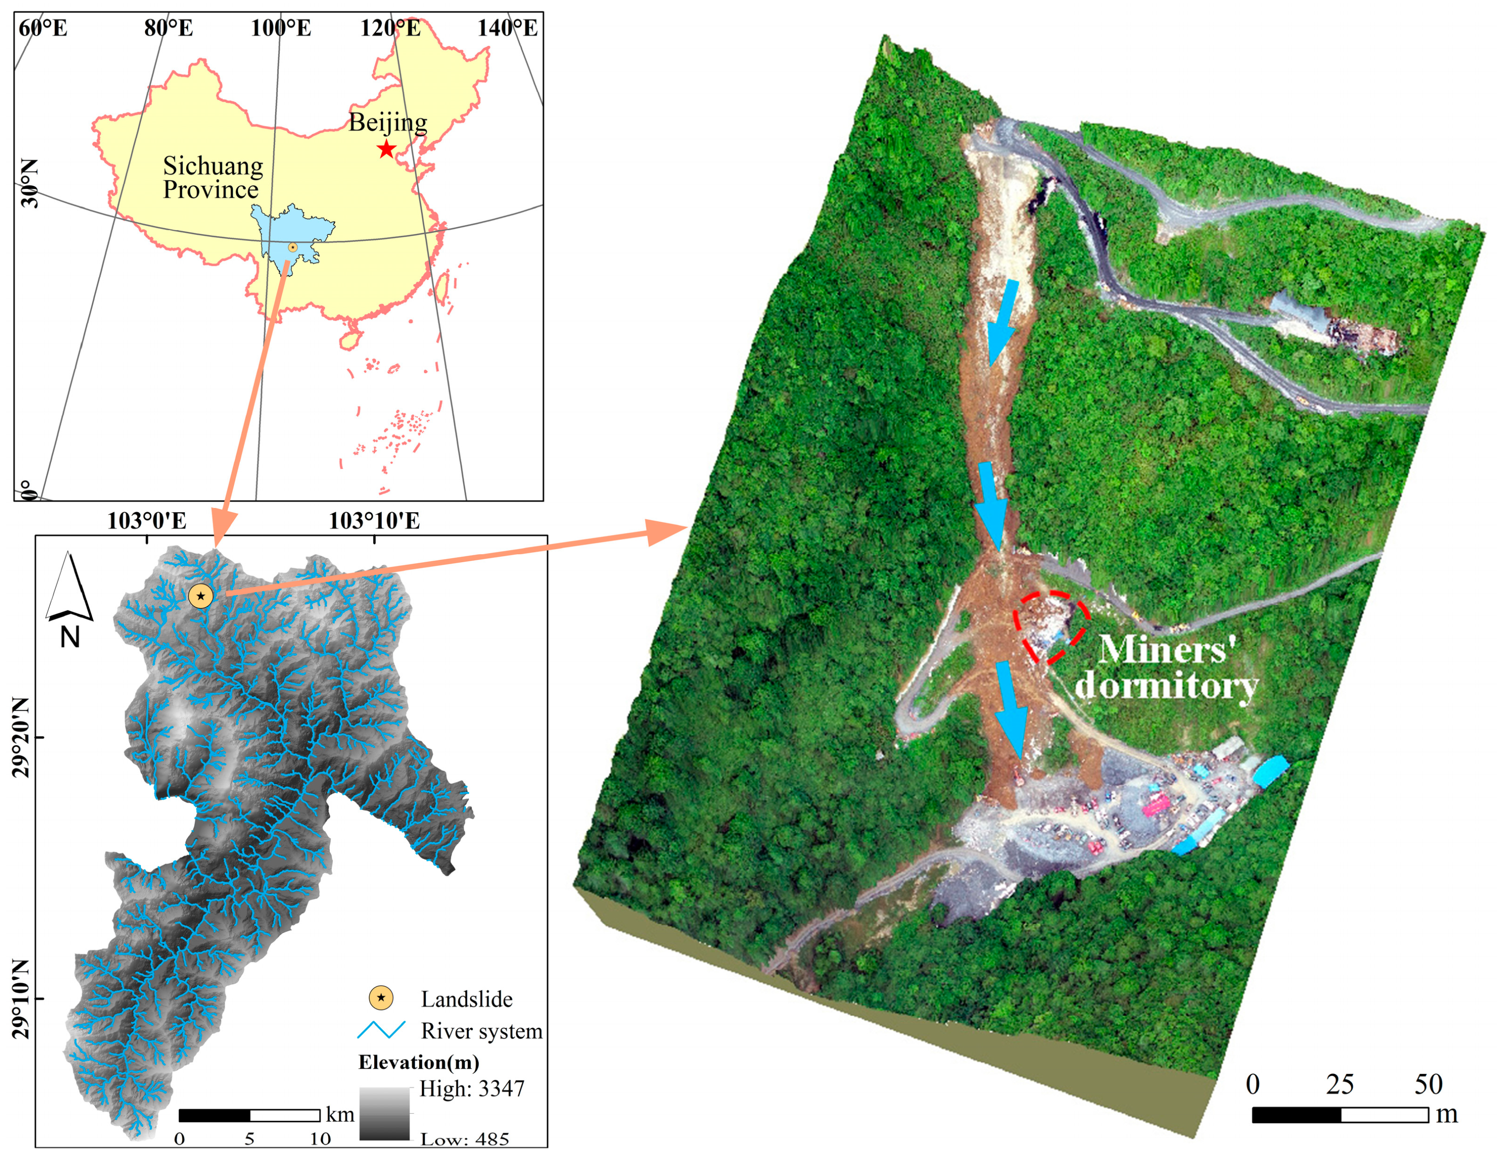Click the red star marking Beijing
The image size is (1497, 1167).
point(386,149)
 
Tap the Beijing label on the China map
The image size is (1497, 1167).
point(388,123)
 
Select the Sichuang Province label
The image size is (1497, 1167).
point(213,178)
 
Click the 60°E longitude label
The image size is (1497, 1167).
point(43,28)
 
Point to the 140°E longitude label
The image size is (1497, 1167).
point(507,28)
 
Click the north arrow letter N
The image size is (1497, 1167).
point(70,637)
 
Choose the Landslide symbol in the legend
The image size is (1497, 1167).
point(381,998)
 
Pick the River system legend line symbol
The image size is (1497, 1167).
point(381,1030)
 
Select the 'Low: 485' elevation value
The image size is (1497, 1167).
point(464,1139)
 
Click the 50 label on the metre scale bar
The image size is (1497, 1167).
point(1428,1084)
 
